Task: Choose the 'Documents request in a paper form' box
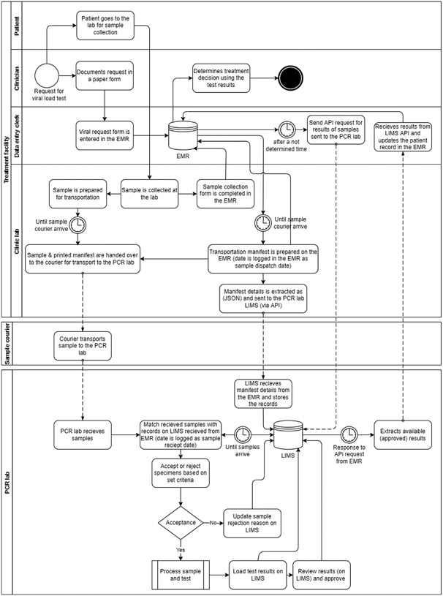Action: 105,76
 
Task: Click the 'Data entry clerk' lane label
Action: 17,134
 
